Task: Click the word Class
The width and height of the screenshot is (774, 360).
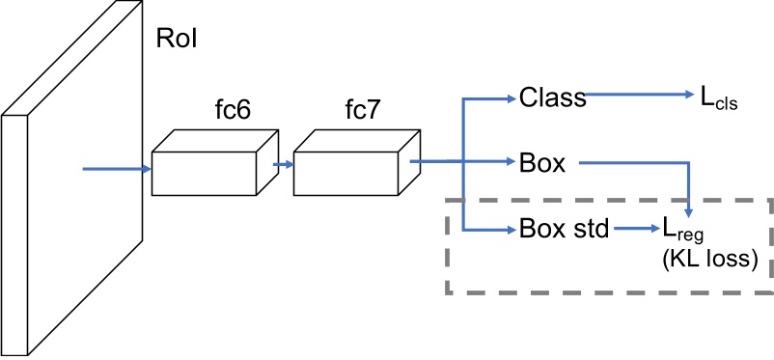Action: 552,97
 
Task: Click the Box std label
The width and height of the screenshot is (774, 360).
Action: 563,230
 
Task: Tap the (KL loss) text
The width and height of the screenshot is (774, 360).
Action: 705,260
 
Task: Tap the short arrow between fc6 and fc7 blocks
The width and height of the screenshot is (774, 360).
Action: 283,164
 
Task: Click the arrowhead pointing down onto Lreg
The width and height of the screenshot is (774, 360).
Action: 688,209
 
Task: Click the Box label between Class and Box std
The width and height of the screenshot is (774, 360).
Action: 541,163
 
